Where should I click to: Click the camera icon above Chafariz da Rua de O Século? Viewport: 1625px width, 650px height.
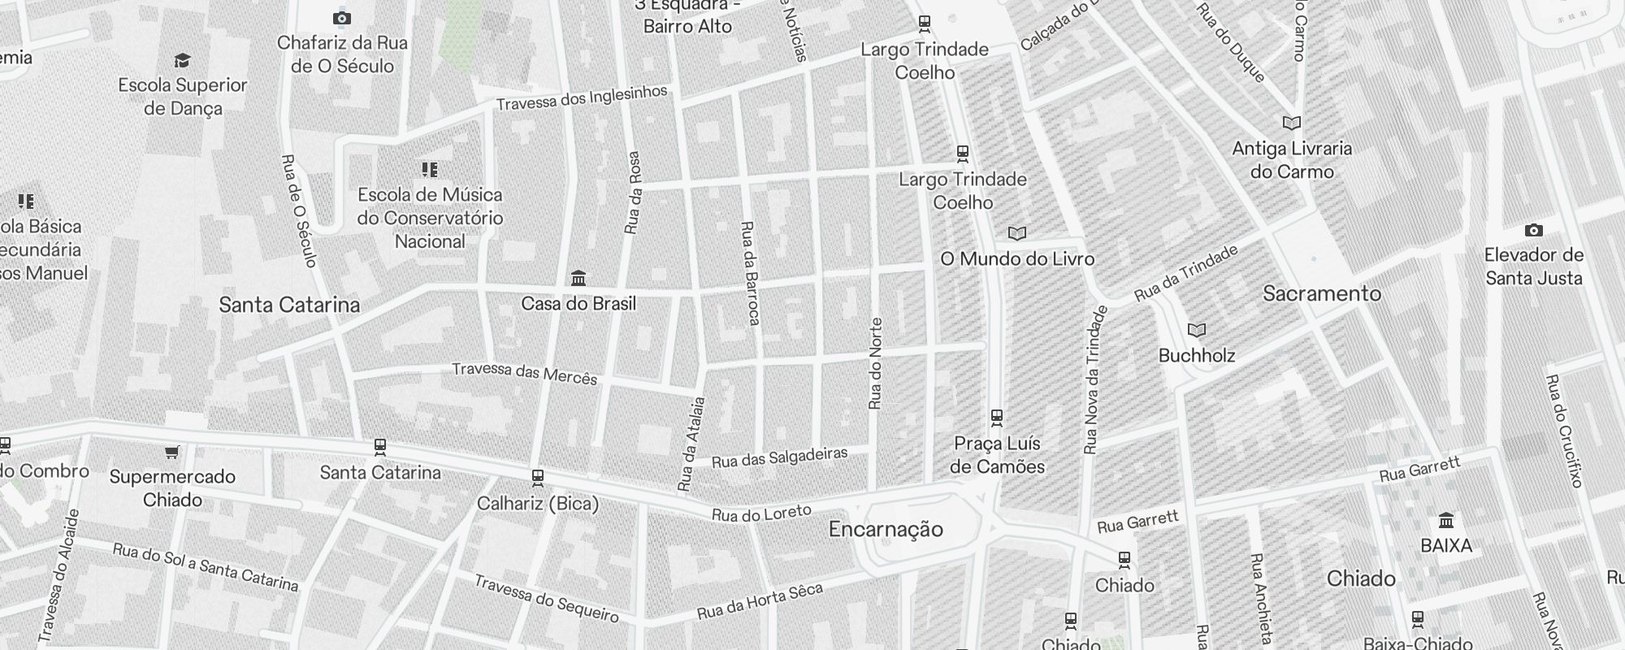342,18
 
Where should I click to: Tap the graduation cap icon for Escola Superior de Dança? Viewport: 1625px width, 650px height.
182,60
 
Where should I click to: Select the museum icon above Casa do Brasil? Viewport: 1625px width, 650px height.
578,279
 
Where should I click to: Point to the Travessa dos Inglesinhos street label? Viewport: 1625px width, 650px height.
581,98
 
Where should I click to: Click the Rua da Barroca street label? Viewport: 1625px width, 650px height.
749,273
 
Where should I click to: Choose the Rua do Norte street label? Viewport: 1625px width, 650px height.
875,363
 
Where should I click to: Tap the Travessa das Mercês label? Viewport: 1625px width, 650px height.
524,373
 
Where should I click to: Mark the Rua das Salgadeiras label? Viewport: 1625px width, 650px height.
779,457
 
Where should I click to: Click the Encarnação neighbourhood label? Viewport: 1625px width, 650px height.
886,530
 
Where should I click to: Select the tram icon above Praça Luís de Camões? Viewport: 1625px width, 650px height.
997,418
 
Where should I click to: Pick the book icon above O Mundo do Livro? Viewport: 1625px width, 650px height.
1016,234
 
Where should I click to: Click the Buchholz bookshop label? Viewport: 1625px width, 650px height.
1196,355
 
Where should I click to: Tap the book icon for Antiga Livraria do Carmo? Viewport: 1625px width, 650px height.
1291,123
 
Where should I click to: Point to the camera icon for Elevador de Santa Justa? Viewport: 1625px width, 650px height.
1533,230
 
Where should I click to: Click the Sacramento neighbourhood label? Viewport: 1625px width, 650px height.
1321,293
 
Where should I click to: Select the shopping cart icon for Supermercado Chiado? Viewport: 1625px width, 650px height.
171,452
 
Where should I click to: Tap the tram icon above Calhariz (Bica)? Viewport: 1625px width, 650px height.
537,477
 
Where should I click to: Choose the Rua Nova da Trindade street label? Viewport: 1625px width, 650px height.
1094,379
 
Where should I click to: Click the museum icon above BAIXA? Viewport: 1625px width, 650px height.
1445,520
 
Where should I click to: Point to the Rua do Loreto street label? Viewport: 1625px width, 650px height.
761,513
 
